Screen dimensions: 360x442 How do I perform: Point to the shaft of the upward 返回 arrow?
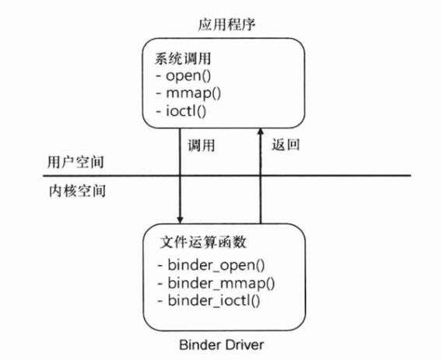[260, 179]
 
